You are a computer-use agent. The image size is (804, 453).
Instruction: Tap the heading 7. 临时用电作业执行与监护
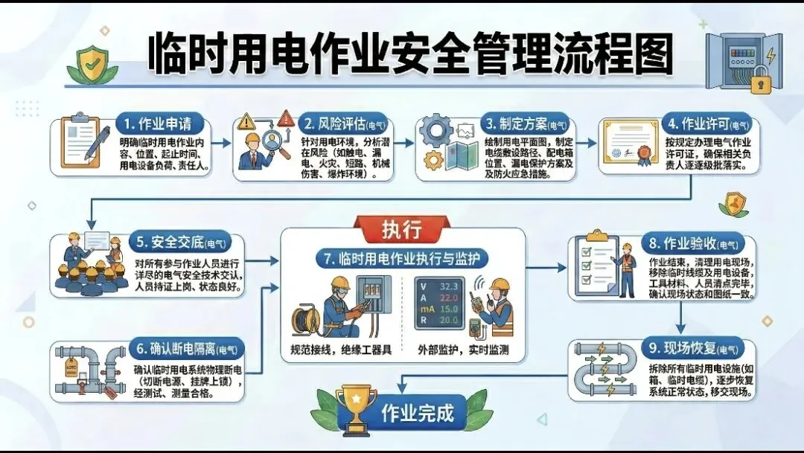(402, 259)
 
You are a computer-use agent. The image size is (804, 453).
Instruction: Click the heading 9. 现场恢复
(689, 347)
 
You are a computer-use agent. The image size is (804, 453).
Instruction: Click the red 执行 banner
(402, 229)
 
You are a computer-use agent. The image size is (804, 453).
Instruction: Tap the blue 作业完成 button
(418, 413)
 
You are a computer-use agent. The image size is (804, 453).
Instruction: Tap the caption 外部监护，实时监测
(462, 350)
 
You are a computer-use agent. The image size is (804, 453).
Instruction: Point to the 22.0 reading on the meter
(447, 298)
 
